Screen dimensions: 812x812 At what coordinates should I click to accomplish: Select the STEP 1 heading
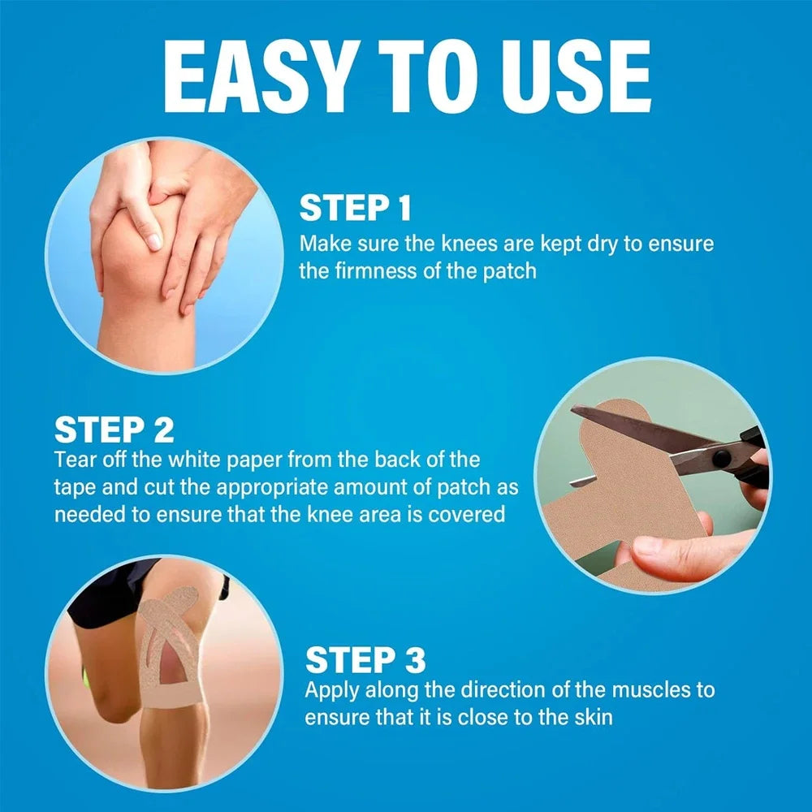click(356, 208)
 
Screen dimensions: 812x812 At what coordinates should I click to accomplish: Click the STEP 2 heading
click(114, 429)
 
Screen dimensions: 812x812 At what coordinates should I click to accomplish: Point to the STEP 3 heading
click(365, 660)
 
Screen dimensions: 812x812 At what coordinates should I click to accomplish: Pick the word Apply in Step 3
click(333, 690)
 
